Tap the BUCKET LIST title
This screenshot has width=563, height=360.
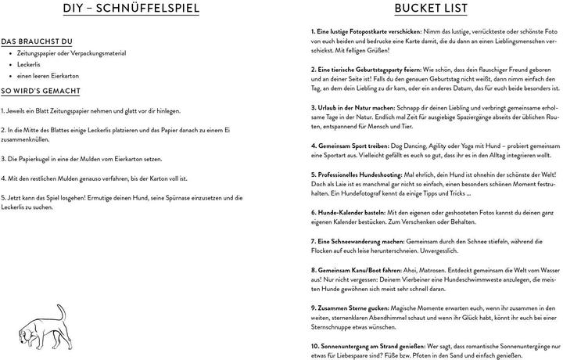click(431, 10)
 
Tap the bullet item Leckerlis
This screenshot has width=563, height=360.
click(38, 65)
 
